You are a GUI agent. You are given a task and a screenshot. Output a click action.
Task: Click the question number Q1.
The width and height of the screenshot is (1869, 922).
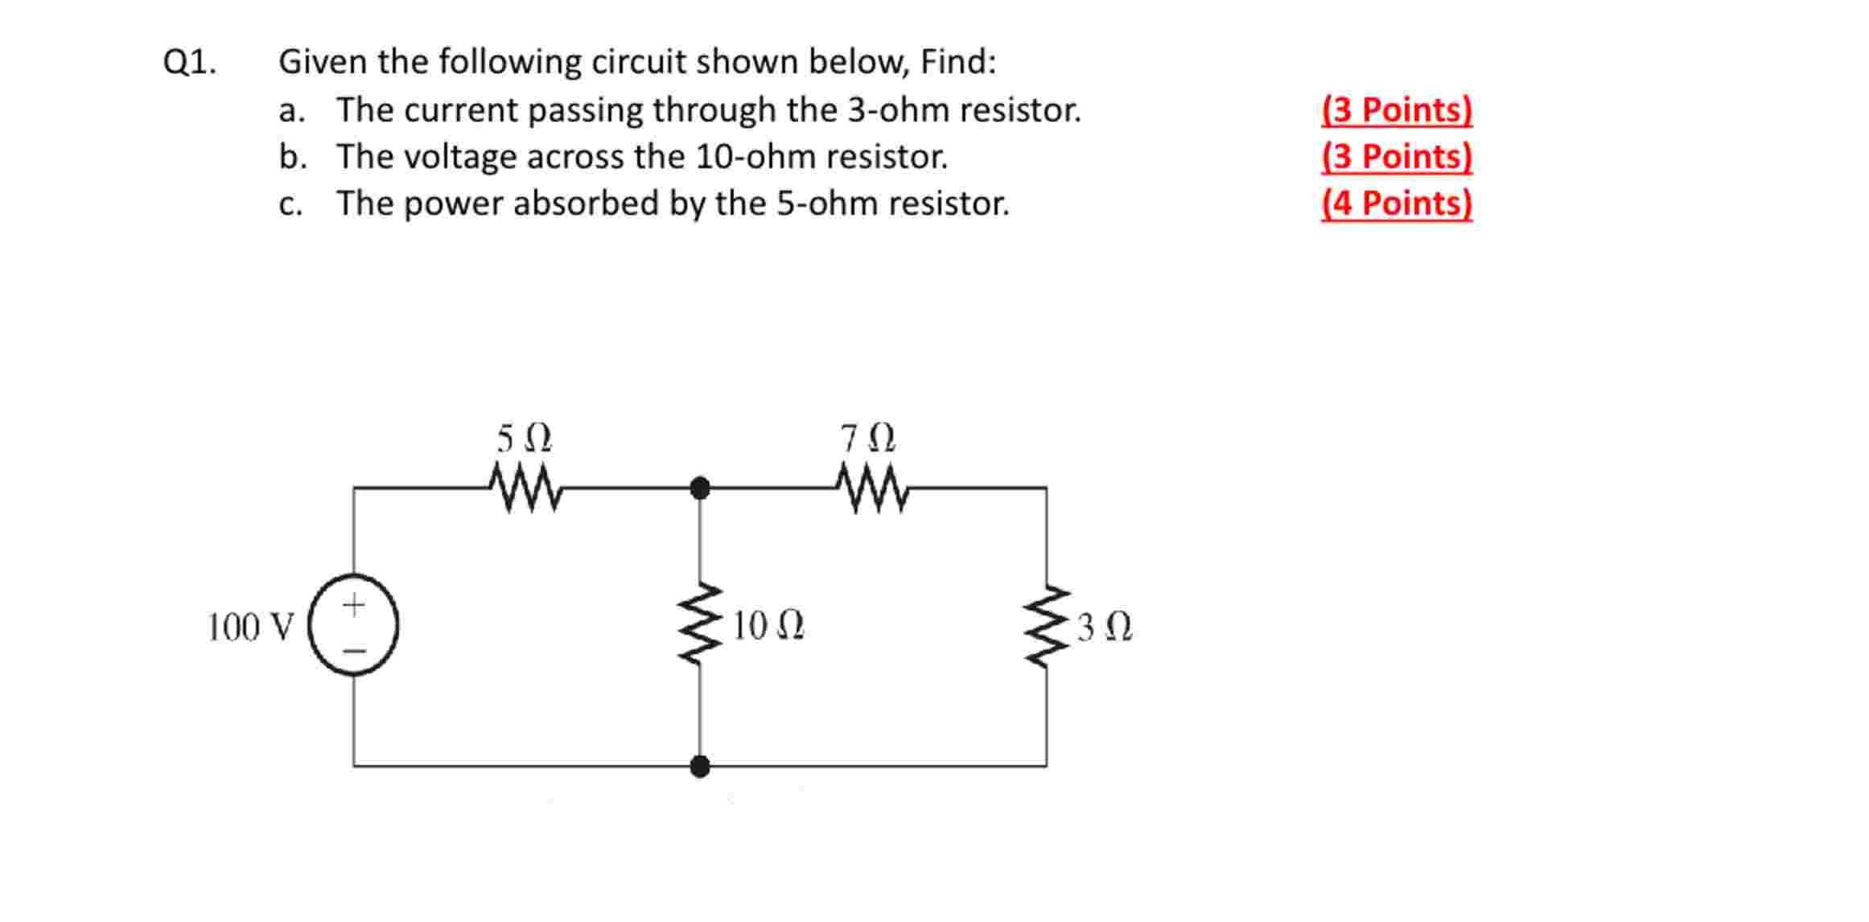(x=190, y=62)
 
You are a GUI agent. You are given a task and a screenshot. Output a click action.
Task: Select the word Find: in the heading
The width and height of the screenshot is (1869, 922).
(x=957, y=62)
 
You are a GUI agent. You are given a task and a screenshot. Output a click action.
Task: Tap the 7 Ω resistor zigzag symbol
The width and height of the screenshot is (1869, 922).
(x=872, y=487)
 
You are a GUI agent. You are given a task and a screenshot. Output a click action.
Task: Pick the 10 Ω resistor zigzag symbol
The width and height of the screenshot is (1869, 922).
(x=700, y=624)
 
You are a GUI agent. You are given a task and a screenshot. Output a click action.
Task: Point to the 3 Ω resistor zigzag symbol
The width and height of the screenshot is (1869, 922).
(x=1047, y=626)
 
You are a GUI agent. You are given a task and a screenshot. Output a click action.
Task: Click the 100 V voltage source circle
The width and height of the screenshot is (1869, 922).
(x=354, y=624)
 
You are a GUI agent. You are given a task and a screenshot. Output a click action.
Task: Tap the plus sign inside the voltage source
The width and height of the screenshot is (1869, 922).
(x=354, y=604)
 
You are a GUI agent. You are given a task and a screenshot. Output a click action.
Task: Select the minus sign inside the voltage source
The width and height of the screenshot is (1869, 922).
(x=355, y=650)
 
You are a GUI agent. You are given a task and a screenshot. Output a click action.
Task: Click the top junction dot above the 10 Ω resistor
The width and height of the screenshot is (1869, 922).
(x=700, y=488)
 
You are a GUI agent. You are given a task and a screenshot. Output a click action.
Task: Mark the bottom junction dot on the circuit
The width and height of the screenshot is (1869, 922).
(x=700, y=766)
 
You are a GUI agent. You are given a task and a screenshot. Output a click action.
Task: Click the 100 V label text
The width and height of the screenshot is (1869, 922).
(x=251, y=628)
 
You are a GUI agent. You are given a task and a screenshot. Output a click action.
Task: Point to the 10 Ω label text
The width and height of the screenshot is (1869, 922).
(x=768, y=626)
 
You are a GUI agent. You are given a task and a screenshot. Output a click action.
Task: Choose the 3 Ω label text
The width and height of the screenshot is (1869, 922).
(x=1104, y=628)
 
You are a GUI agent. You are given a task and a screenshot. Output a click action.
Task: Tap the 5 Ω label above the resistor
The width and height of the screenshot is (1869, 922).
(x=524, y=439)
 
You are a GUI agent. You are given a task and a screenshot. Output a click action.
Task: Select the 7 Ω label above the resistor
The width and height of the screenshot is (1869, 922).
(x=868, y=439)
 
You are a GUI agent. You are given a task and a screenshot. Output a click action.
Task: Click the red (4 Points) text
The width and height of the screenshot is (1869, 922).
(x=1396, y=203)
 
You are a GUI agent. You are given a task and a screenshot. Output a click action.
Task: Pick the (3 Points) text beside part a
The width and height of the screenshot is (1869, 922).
(x=1396, y=109)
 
